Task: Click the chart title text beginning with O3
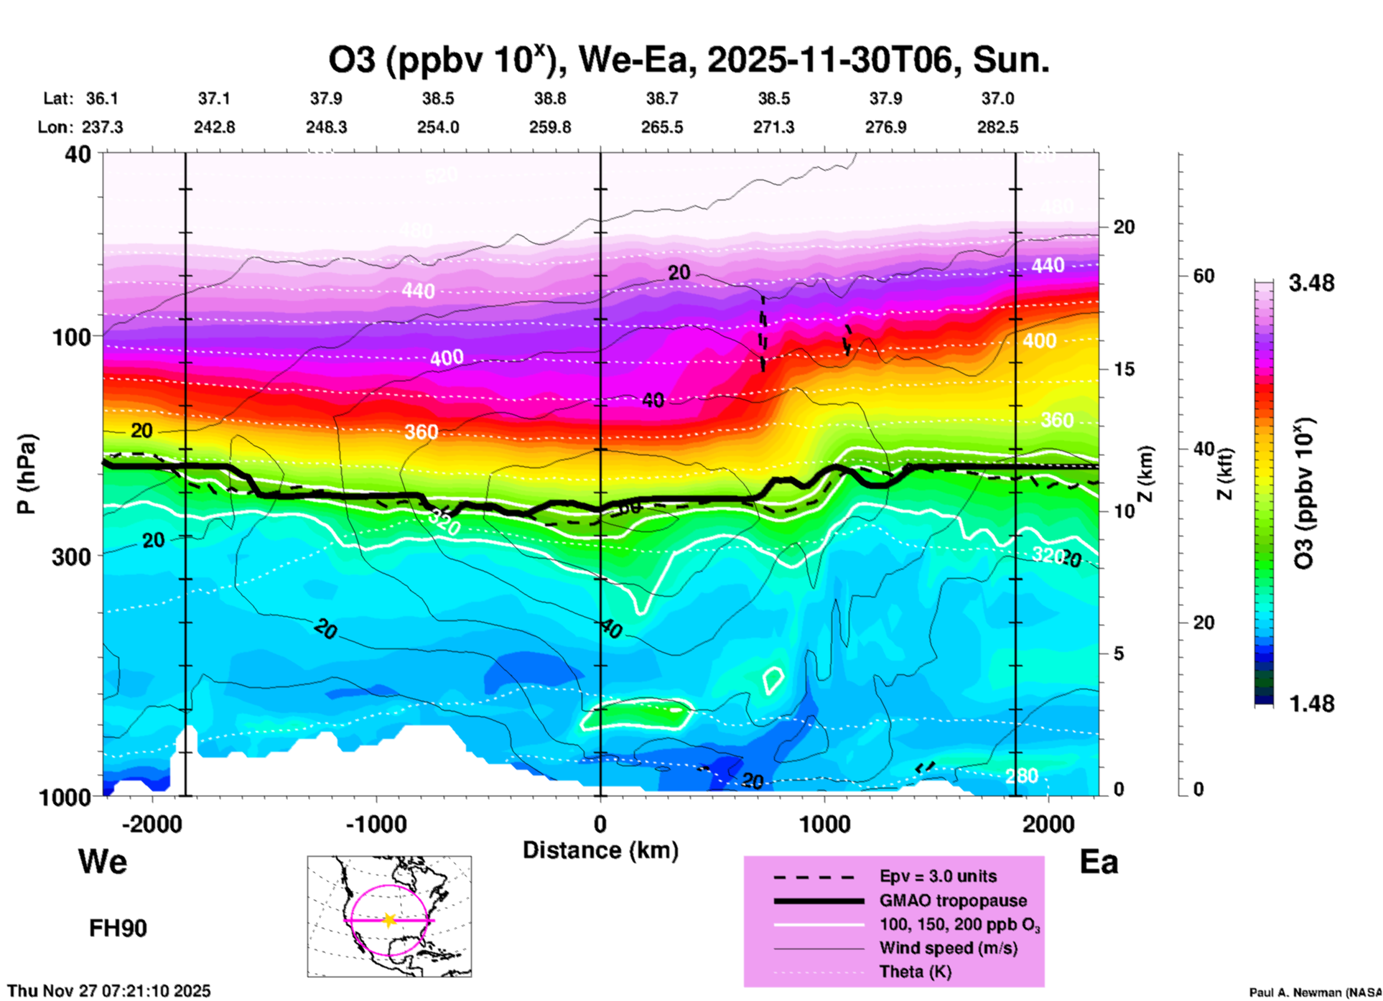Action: tap(689, 60)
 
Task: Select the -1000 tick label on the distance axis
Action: tap(376, 824)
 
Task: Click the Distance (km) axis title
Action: tap(600, 850)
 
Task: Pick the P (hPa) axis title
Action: tap(26, 474)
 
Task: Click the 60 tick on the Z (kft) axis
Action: tap(1203, 276)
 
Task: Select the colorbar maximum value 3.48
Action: tap(1311, 284)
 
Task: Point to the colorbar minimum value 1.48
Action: tap(1311, 704)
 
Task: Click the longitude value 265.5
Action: tap(662, 128)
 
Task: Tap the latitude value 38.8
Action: tap(550, 98)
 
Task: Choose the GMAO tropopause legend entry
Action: tap(953, 900)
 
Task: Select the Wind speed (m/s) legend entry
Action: tap(948, 948)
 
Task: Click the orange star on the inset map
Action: tap(389, 920)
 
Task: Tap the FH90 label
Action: tap(118, 928)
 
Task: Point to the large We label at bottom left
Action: tap(103, 861)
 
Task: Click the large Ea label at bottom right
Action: tap(1099, 862)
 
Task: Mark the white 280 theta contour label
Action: tap(1021, 776)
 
